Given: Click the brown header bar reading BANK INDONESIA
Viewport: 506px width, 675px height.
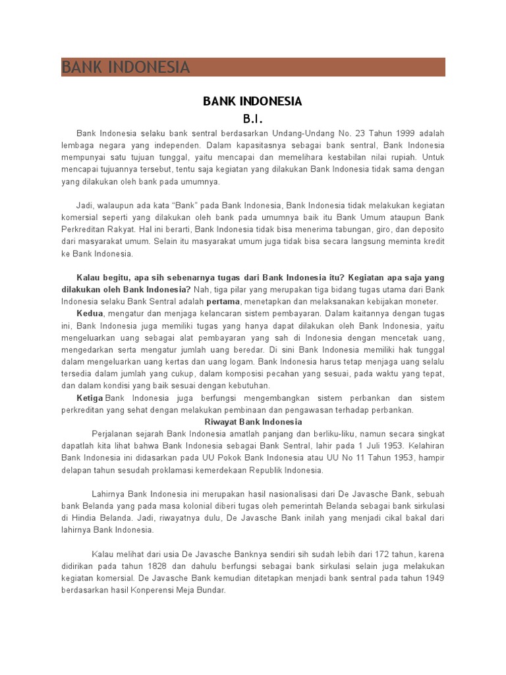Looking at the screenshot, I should point(253,67).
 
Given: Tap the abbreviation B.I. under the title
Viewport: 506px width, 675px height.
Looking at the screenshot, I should point(253,120).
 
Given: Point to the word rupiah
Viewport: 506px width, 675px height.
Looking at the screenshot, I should point(403,158).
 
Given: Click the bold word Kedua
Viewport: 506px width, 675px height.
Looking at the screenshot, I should point(90,313).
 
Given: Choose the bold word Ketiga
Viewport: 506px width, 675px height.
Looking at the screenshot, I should point(90,398).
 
